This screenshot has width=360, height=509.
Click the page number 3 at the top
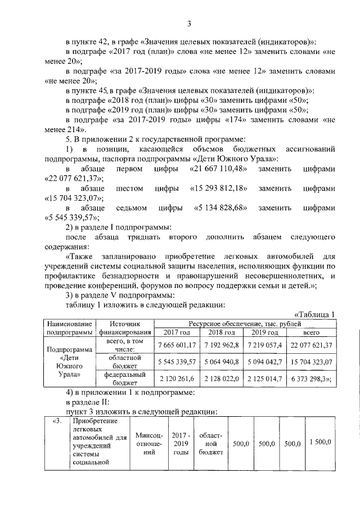(189, 23)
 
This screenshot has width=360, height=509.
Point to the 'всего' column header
(310, 332)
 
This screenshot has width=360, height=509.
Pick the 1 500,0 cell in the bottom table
(319, 443)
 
